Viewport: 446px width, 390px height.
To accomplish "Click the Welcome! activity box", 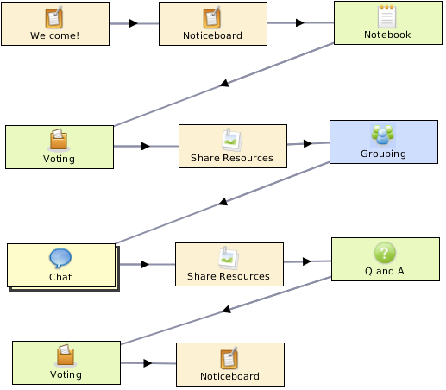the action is coord(55,23).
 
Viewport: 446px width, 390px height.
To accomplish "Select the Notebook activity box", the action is coord(388,22).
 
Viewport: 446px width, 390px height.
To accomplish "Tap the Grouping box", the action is coord(384,142).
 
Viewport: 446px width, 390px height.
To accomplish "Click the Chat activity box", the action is coord(61,265).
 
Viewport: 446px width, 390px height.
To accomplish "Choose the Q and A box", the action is coord(386,259).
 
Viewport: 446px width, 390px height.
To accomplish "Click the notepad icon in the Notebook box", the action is coord(386,16).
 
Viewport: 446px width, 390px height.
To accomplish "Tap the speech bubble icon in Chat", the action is coord(60,258).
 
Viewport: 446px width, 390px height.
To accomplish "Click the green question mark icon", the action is coord(385,253).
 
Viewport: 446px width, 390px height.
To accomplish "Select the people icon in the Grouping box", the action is coord(383,135).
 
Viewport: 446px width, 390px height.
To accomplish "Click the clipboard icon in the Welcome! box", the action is coord(54,17).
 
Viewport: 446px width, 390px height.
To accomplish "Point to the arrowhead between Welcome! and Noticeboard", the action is coord(134,23).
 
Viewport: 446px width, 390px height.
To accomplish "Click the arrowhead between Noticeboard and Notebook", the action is coord(300,22).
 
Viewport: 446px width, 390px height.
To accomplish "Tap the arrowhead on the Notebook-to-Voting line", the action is coord(224,83).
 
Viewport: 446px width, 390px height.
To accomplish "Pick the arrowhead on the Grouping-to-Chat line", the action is coord(223,202).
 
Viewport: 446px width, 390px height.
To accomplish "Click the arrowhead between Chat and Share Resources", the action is coord(145,264).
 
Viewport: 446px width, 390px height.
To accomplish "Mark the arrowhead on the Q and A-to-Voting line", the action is coord(227,309).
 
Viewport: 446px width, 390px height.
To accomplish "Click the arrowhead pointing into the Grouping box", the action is coord(308,143).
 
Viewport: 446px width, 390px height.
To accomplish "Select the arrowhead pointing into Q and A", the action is coord(307,261).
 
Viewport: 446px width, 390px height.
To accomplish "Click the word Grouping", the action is coord(383,154).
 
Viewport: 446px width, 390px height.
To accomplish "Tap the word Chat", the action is coord(60,277).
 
